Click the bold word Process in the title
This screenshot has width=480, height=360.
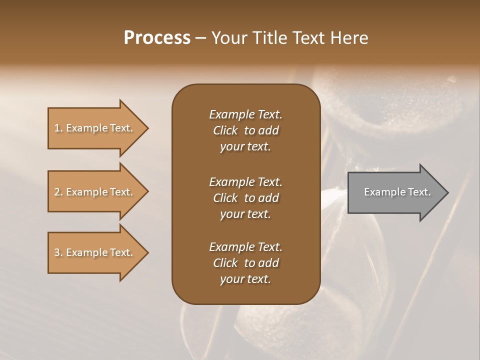pyautogui.click(x=157, y=38)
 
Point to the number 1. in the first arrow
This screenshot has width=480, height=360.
pyautogui.click(x=58, y=128)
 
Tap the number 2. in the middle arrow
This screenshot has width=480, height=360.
pyautogui.click(x=58, y=192)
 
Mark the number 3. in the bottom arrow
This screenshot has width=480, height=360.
pyautogui.click(x=58, y=252)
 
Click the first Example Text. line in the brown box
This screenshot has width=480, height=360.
pyautogui.click(x=245, y=114)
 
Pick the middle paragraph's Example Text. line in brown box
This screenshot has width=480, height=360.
pyautogui.click(x=245, y=182)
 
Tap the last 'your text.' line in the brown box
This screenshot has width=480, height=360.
pyautogui.click(x=245, y=279)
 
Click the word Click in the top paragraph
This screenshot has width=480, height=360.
pyautogui.click(x=225, y=130)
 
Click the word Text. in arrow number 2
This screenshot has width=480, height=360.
pyautogui.click(x=121, y=192)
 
